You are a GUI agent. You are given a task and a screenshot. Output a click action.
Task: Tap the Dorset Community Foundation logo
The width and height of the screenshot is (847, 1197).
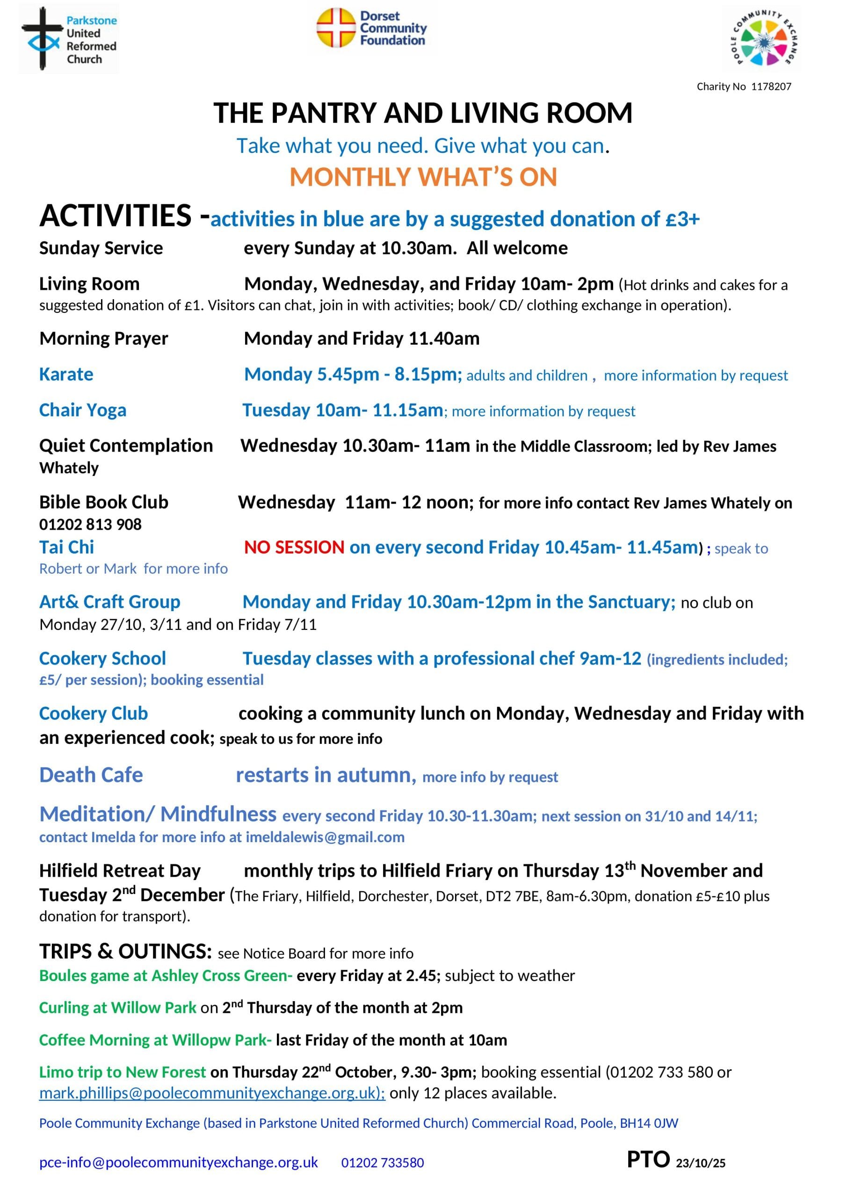pos(371,28)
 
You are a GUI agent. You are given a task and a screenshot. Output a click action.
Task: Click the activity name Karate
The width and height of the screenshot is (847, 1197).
pos(66,375)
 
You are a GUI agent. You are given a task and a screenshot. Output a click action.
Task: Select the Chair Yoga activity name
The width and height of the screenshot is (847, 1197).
pos(82,410)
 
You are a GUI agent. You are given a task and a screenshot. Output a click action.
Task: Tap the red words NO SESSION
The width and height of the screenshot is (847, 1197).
pos(294,548)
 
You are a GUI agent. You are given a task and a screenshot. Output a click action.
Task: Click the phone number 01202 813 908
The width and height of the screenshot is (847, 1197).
pos(90,524)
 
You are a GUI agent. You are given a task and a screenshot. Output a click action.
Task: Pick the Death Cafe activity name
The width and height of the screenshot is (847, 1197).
pos(91,775)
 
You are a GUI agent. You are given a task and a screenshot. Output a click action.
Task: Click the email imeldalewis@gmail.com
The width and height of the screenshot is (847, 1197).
pos(325,837)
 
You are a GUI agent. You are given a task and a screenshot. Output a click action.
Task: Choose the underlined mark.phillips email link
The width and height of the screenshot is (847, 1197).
pos(212,1093)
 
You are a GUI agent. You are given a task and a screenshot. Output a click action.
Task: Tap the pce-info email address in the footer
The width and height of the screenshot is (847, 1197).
pos(178,1162)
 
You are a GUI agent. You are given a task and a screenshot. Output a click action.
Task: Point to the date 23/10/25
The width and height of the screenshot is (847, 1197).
pos(701,1163)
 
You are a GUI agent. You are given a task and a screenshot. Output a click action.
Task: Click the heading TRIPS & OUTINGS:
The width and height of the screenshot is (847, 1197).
pos(125,952)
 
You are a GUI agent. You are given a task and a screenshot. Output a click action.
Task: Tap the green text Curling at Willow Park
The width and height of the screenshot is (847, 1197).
pos(117,1008)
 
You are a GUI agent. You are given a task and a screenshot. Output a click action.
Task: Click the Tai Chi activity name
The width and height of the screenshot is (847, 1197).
pos(67,548)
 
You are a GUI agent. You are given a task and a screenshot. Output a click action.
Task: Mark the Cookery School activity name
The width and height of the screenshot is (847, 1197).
pos(102,658)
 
